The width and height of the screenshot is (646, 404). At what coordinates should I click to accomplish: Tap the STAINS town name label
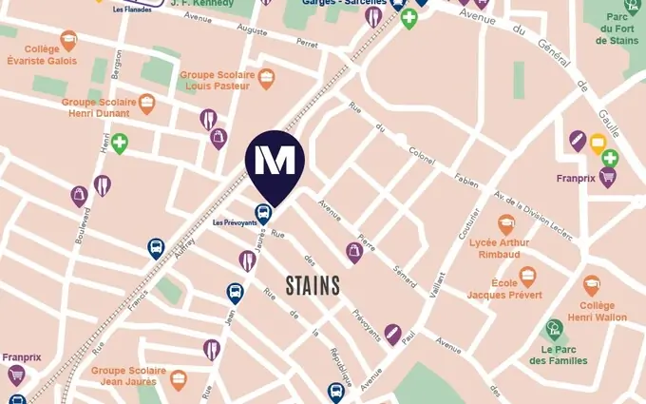click(313, 284)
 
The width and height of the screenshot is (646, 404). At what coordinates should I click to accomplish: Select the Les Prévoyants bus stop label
click(234, 223)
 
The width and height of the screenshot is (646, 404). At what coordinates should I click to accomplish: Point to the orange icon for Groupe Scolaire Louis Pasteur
click(267, 78)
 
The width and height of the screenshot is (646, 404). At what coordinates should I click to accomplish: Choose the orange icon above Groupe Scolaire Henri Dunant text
click(146, 103)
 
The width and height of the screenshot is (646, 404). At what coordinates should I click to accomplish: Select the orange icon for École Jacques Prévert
click(527, 277)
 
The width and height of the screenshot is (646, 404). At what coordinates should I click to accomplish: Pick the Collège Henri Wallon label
click(597, 311)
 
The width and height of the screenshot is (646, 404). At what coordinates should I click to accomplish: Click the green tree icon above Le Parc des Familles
click(554, 329)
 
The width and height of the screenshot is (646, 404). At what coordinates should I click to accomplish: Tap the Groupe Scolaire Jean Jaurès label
click(128, 375)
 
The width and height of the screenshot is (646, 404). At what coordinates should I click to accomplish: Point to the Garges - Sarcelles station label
click(339, 3)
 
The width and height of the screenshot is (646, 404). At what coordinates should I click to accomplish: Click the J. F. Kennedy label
click(200, 3)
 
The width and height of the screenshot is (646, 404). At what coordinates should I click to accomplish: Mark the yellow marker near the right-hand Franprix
click(598, 144)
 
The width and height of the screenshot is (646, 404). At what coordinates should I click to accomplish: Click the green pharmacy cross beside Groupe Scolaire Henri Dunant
click(119, 144)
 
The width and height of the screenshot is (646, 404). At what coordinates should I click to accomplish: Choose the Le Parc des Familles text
click(559, 355)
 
